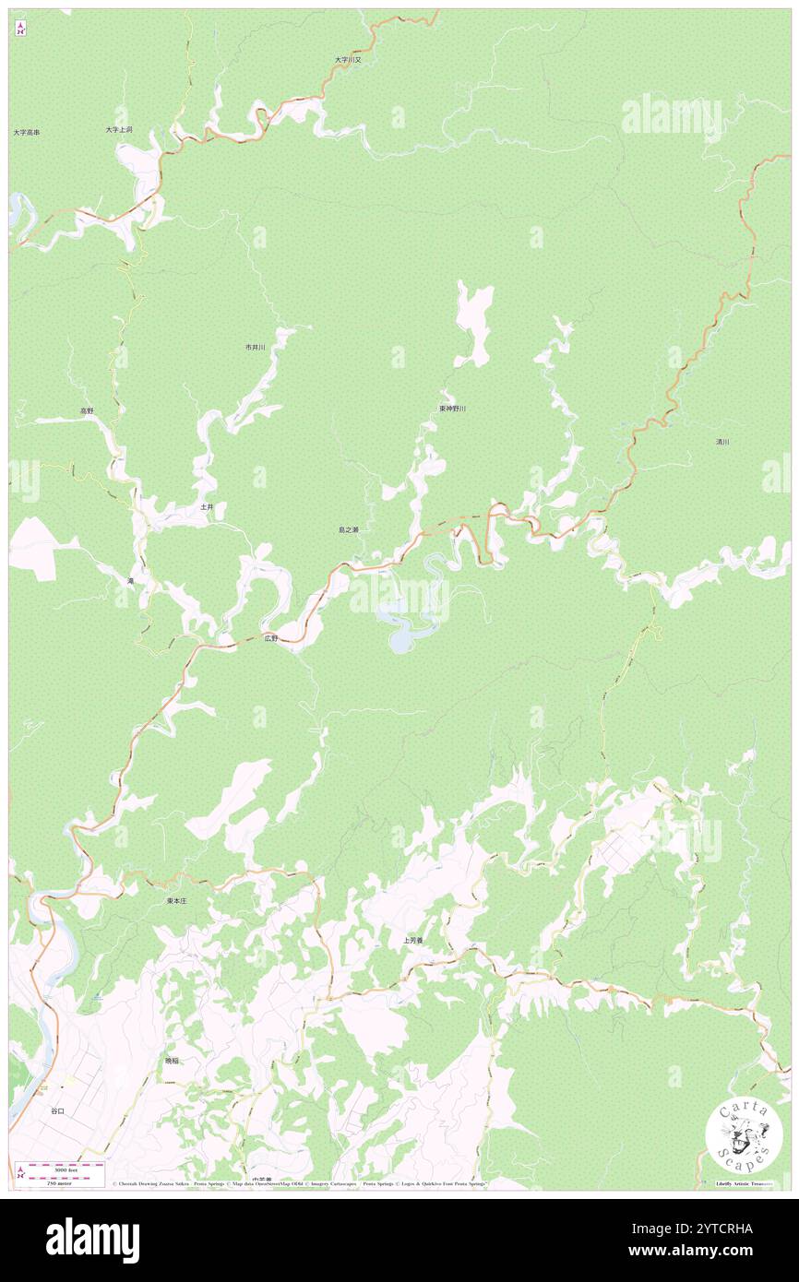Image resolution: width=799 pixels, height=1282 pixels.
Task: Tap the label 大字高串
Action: coord(26,133)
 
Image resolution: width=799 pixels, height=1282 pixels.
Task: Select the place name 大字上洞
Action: coord(118,130)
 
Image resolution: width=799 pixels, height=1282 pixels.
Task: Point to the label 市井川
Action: coord(255,347)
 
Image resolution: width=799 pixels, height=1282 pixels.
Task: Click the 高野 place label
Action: coord(86,410)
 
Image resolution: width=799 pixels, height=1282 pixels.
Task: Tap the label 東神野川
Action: coord(452,408)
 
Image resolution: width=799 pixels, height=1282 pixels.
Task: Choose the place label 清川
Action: coord(722,443)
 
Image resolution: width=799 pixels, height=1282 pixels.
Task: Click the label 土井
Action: coord(207,507)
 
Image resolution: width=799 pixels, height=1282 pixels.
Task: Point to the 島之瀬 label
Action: coord(348,530)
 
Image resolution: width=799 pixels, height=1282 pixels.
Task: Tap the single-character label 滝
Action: coord(130,581)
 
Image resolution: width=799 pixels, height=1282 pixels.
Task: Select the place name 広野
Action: coord(269,637)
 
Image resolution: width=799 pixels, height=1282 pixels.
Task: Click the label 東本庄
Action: coord(176,900)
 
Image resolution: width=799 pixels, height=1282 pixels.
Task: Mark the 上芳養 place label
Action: coord(412,941)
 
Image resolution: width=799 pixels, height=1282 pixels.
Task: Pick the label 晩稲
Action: coord(172,1061)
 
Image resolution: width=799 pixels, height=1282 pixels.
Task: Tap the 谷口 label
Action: coord(57,1111)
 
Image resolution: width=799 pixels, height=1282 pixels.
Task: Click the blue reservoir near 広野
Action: coord(403,635)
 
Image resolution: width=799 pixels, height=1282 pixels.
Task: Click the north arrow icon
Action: coord(20,29)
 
